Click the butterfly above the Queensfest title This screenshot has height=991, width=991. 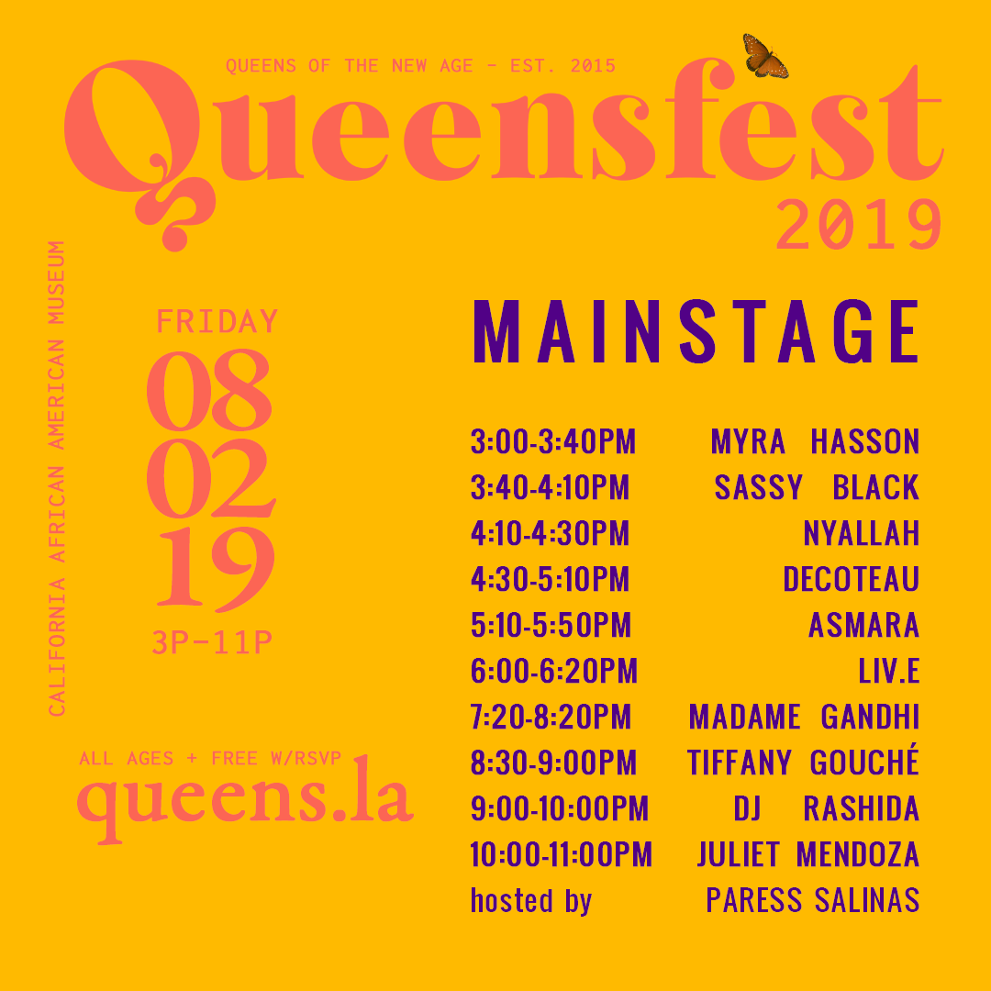(764, 55)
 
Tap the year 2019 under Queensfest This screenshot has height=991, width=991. (859, 226)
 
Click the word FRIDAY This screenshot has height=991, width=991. (217, 322)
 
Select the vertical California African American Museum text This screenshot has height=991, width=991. (57, 478)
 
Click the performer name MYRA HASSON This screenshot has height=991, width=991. (815, 442)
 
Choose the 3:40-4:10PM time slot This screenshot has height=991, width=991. (550, 488)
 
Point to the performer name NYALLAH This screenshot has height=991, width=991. (861, 534)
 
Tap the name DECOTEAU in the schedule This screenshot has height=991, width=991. (851, 580)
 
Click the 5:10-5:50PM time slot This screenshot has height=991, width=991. (551, 626)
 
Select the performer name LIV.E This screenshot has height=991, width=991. (888, 672)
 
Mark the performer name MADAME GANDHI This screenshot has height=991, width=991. (804, 718)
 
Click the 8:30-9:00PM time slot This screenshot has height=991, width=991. (553, 763)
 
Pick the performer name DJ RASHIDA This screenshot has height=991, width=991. (826, 809)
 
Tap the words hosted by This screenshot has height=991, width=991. (530, 901)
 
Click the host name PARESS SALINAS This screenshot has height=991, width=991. (812, 901)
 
